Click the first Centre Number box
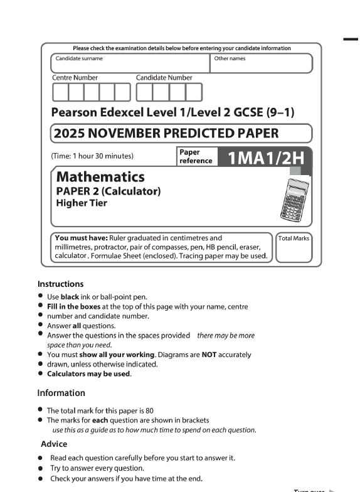[x=60, y=92]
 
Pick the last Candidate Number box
[x=194, y=92]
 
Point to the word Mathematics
[x=100, y=176]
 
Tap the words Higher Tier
[x=82, y=203]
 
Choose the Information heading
[x=61, y=393]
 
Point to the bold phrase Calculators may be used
[x=88, y=375]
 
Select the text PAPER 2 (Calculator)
[x=109, y=191]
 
